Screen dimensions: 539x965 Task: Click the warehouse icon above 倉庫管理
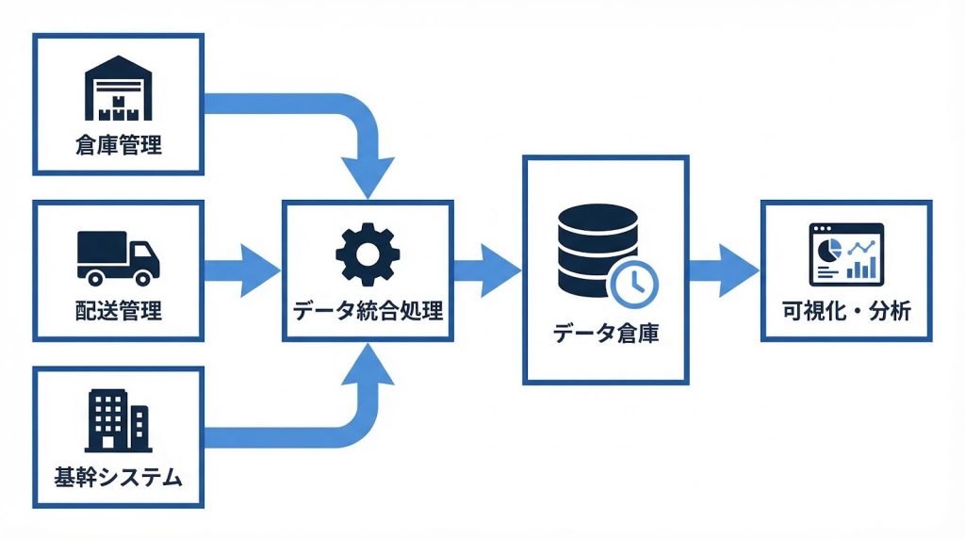click(118, 91)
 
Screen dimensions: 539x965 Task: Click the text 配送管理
click(118, 310)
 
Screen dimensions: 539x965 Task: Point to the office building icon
click(118, 421)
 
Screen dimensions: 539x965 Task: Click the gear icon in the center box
click(367, 250)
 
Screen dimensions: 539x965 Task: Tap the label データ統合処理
click(367, 310)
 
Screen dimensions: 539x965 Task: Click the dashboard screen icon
click(845, 253)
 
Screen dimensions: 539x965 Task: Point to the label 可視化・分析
click(845, 310)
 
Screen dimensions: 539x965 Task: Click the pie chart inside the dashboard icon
click(827, 250)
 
